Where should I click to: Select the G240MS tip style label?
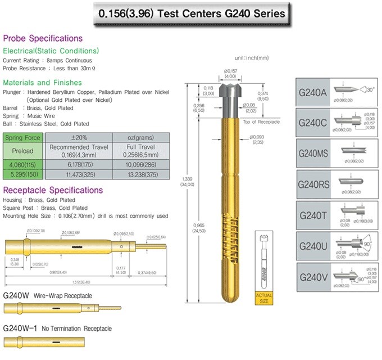313,153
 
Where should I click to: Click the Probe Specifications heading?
43,38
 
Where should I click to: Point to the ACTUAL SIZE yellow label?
264,297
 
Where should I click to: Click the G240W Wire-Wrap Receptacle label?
47,295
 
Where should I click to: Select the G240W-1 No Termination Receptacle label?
57,328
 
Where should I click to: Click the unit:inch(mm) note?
252,58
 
